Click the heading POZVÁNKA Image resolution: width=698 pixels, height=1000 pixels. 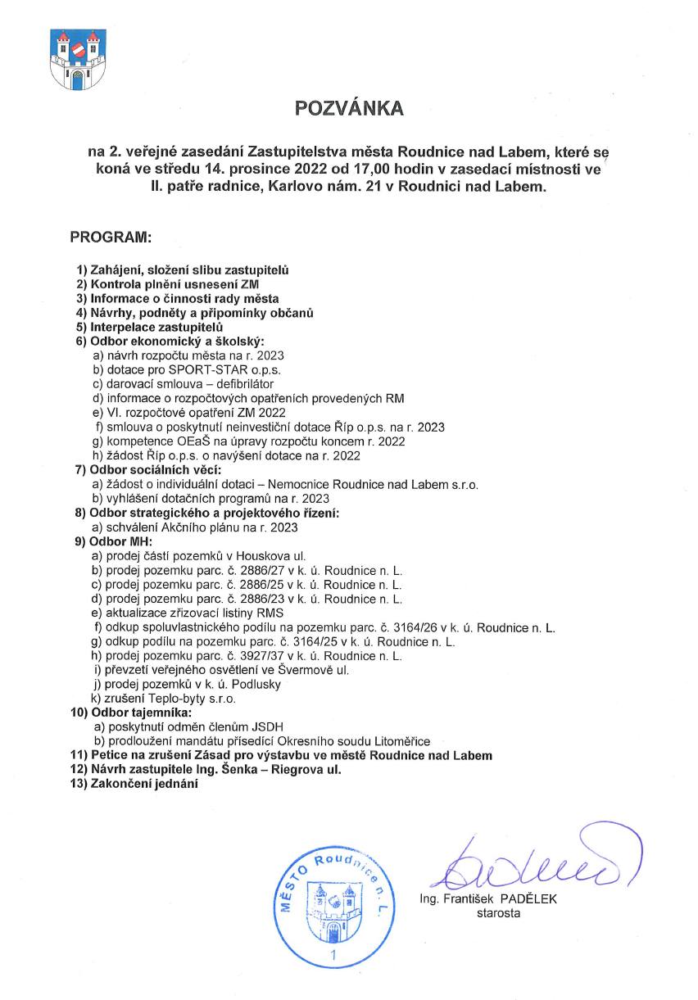tap(349, 108)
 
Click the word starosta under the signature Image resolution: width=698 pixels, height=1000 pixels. tap(498, 913)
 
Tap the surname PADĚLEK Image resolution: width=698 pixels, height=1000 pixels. tap(528, 898)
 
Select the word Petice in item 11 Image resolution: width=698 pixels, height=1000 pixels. tap(107, 755)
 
